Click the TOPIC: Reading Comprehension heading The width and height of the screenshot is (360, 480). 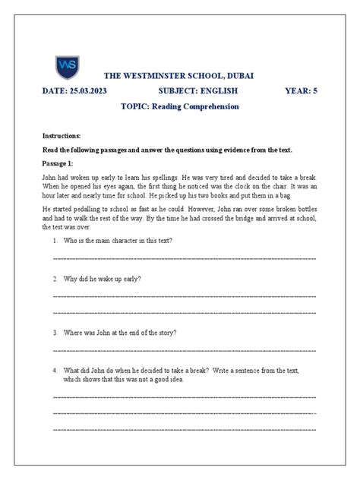pos(180,106)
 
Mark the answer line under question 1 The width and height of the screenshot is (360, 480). pos(185,259)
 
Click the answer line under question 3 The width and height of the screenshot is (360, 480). pos(185,351)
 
